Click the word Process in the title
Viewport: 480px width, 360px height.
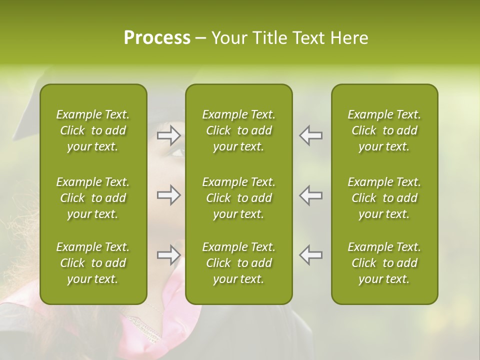(157, 38)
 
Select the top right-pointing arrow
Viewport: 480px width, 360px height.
(169, 135)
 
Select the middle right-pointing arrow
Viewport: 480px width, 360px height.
(169, 195)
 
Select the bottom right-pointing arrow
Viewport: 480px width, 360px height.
(169, 255)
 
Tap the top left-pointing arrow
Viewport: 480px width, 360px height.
(311, 135)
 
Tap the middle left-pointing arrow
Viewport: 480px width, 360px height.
(311, 195)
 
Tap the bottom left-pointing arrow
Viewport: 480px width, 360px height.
(311, 255)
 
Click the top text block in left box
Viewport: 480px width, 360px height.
(93, 130)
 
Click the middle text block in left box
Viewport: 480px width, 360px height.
(93, 198)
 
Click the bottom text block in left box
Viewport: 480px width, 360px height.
(93, 263)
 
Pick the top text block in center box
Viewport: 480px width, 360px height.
(239, 130)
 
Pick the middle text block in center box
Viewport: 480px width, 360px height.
(239, 198)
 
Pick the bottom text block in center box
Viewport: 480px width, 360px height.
(239, 263)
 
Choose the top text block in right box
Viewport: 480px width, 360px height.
(384, 130)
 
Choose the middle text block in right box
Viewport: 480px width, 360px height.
(384, 198)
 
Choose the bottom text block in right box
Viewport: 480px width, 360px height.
(384, 263)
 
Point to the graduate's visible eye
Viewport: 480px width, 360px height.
(177, 151)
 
